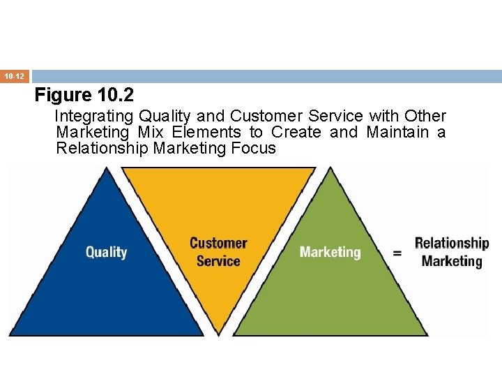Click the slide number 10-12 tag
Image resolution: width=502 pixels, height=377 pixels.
[15, 75]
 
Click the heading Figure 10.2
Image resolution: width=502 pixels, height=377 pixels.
[84, 95]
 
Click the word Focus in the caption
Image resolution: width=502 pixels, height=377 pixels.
[256, 148]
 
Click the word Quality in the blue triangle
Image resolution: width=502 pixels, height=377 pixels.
[106, 252]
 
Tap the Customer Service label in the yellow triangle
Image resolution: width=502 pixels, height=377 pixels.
[218, 252]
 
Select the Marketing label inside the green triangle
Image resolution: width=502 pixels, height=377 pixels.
[330, 252]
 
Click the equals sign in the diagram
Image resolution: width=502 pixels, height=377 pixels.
[397, 253]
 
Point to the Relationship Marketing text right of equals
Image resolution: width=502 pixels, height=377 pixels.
[452, 252]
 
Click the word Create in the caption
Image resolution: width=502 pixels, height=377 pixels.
[296, 132]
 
